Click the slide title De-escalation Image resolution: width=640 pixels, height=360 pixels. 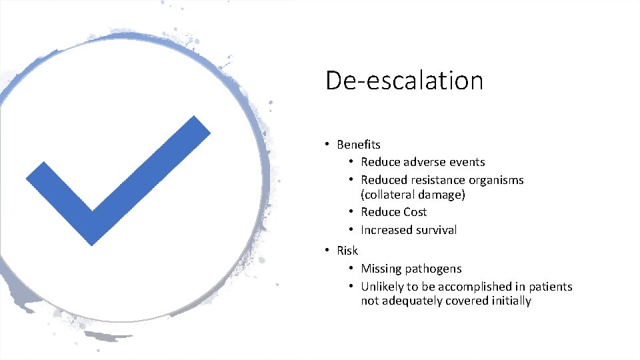click(404, 81)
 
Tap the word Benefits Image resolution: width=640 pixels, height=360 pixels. click(359, 145)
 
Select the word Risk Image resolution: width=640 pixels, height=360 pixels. click(347, 251)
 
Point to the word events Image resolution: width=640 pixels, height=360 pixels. click(467, 162)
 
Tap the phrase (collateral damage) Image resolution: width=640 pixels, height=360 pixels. click(413, 195)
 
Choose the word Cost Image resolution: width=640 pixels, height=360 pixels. click(413, 212)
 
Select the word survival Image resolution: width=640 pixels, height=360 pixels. click(437, 230)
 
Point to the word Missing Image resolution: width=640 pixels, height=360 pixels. click(382, 269)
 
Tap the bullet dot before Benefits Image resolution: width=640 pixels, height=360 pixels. click(327, 145)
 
